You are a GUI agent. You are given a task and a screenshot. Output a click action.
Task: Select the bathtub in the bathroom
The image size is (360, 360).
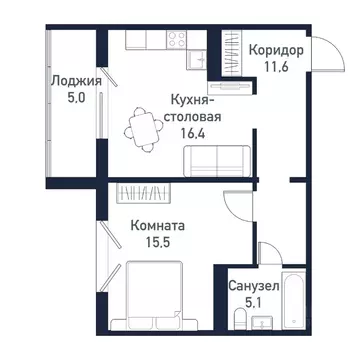[293, 297]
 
